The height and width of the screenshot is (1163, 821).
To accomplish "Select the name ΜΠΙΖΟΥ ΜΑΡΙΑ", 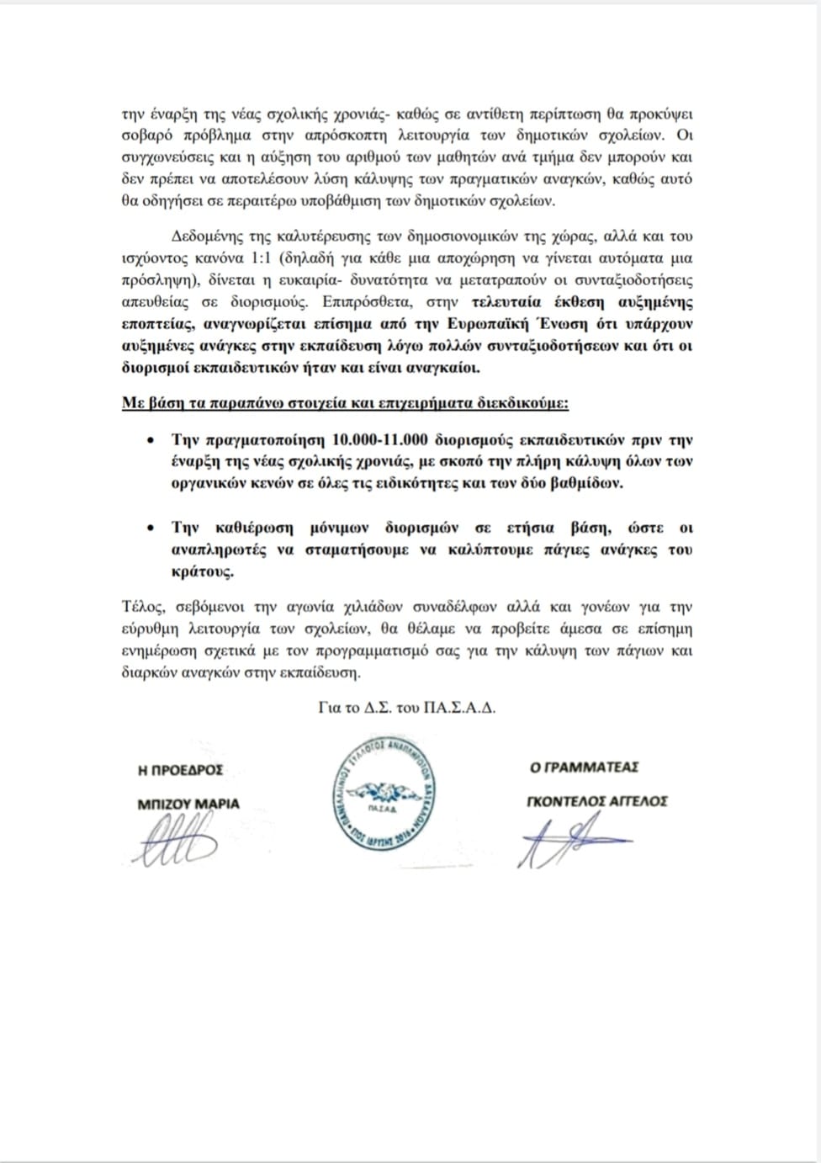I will [x=188, y=804].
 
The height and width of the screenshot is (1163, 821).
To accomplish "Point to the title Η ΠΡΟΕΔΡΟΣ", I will [x=181, y=770].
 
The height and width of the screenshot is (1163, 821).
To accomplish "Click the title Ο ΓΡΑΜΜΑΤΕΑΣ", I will [x=584, y=767].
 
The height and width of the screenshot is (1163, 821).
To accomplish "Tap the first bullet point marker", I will [x=151, y=440].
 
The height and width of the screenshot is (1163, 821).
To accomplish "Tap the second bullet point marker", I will [x=151, y=528].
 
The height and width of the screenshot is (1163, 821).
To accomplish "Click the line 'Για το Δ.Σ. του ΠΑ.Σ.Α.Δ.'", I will [x=407, y=708].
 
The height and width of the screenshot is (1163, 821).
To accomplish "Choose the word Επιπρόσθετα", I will [x=362, y=301].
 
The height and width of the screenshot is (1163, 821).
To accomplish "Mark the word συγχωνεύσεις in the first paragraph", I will [x=169, y=157].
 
